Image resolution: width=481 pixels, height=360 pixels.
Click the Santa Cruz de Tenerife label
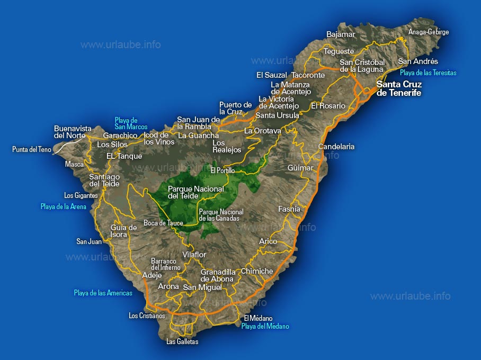398,88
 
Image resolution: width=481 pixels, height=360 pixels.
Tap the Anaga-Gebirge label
429,32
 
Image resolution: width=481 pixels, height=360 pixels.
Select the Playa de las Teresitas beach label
428,73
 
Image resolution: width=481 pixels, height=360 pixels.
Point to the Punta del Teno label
32,150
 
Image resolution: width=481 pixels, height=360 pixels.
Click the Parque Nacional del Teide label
195,192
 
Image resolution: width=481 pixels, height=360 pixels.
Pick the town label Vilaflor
194,255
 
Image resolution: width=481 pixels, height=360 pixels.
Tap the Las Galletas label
182,341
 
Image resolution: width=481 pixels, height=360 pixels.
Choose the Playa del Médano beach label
265,327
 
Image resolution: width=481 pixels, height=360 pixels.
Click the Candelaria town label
336,147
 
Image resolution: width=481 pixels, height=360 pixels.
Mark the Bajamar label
341,34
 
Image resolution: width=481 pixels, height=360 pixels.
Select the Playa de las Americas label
103,293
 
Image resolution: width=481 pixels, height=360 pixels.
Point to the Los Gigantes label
81,195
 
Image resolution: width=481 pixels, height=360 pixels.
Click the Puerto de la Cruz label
236,108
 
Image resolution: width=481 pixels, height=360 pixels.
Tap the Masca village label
74,164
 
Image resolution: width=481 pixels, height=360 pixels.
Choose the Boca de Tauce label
163,223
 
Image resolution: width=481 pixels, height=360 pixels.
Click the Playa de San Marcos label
131,123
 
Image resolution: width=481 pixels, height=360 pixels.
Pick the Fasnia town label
289,209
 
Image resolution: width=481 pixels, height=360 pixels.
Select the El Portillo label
222,170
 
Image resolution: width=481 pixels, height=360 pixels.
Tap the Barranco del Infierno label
166,264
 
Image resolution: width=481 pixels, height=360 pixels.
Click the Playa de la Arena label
64,206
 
